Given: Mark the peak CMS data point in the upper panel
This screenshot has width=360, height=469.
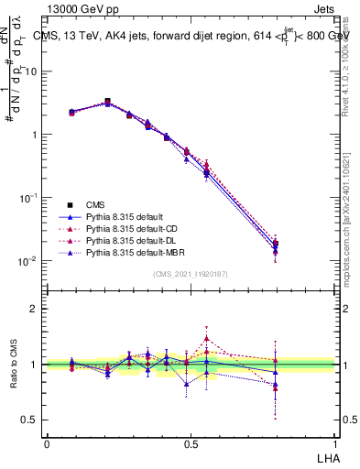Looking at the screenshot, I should (x=107, y=102).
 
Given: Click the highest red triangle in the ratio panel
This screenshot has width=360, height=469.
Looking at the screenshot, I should (x=207, y=338).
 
